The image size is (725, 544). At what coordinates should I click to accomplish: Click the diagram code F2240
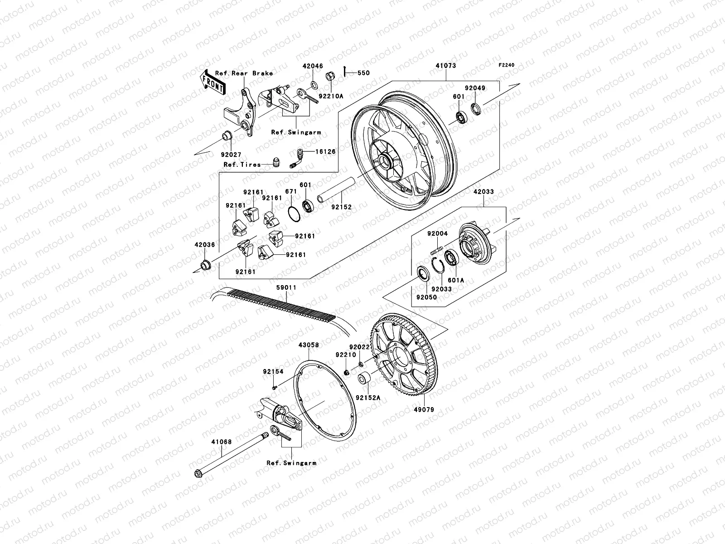tap(507, 65)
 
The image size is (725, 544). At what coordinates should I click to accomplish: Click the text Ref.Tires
tap(242, 165)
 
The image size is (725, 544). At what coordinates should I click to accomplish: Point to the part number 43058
tap(308, 345)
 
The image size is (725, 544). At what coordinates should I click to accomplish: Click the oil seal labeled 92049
tap(476, 109)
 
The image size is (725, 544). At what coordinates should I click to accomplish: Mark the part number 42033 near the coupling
tap(483, 192)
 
